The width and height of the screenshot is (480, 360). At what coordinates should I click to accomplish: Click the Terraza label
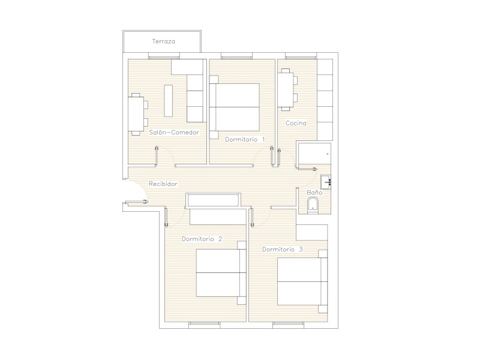point(164,41)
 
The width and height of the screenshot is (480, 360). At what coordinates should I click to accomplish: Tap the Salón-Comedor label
point(174,133)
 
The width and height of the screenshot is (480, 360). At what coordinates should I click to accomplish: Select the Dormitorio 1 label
point(245,140)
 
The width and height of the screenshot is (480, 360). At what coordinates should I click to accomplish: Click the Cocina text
point(296,123)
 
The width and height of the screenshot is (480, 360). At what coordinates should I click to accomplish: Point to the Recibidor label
point(163,184)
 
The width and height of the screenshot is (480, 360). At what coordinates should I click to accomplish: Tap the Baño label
point(314,192)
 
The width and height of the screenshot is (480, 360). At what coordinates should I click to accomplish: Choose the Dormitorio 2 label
point(202,239)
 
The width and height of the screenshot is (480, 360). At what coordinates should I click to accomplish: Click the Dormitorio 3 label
point(283,250)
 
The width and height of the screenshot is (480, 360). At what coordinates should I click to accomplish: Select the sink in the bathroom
point(326,182)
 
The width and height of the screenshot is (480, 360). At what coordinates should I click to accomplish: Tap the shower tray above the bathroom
point(314,155)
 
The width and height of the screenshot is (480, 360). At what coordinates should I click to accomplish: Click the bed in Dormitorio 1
point(235,107)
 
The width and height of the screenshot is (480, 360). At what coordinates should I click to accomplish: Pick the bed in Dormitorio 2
point(221,273)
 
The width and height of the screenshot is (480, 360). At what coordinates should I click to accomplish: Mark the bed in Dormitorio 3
point(302,281)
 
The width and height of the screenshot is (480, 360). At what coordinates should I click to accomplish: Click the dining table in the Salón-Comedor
point(136,114)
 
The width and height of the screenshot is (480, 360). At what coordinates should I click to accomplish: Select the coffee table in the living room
point(169,101)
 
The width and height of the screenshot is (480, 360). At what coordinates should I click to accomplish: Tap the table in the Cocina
point(286,89)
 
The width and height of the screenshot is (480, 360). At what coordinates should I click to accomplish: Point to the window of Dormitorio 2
point(204,324)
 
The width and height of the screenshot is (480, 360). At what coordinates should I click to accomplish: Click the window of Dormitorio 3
point(289,324)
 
